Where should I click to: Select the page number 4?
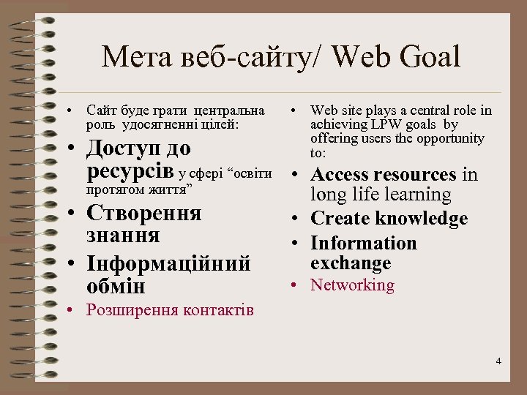click(498, 361)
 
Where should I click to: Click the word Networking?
click(352, 285)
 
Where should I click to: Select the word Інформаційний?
click(168, 263)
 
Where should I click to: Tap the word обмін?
click(116, 285)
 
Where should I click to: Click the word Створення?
click(143, 213)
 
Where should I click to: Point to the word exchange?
click(351, 263)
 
